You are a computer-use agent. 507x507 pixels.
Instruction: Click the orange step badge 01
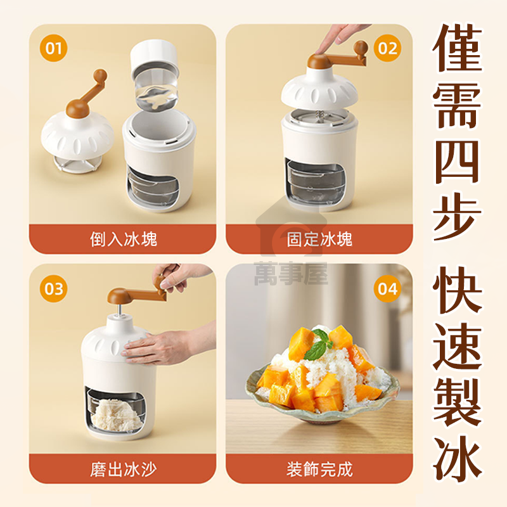coord(53,48)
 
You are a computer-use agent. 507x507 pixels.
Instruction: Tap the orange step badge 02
coord(387,48)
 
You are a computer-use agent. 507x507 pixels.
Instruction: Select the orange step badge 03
coord(53,288)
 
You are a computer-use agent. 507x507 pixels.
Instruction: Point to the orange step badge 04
coord(387,288)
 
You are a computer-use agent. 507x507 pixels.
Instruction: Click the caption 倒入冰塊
coord(123,240)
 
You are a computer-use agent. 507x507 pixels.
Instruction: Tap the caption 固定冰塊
coord(319,240)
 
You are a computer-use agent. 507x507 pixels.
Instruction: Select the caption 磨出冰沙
coord(123,469)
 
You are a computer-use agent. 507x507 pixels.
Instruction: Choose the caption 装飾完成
coord(319,469)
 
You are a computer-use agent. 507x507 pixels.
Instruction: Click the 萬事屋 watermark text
coord(291,274)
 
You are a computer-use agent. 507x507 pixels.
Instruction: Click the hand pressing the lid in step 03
coord(168,347)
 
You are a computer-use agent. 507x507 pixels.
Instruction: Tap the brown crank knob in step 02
coord(361,48)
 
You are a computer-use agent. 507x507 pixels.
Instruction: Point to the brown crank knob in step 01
coord(100,76)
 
